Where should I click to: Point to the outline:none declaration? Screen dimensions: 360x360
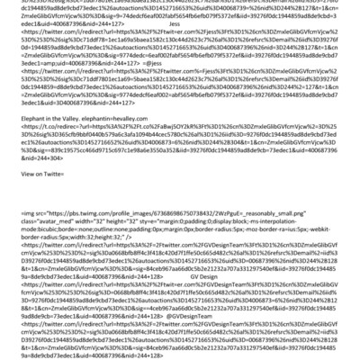point(94,253)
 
